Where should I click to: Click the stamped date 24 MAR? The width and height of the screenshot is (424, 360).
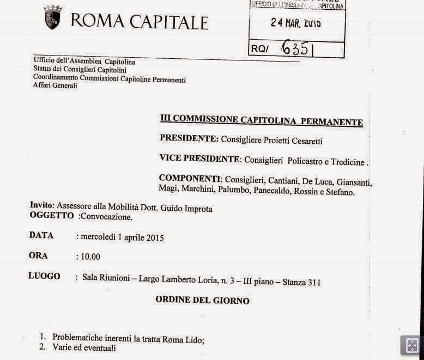296,23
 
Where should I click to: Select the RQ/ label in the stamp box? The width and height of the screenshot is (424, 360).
261,49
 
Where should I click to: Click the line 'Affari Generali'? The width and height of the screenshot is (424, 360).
55,86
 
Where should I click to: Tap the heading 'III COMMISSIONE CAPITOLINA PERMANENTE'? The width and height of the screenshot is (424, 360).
261,121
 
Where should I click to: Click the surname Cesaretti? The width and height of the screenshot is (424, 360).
302,141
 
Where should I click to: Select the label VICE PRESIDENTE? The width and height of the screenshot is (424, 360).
199,159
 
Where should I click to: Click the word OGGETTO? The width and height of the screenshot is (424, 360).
51,216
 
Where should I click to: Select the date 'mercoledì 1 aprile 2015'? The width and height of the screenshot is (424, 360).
123,237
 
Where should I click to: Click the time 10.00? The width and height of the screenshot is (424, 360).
90,257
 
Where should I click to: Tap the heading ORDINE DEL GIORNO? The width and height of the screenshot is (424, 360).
202,300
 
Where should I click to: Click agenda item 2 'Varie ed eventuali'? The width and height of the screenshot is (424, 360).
84,348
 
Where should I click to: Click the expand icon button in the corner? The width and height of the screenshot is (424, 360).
411,345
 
